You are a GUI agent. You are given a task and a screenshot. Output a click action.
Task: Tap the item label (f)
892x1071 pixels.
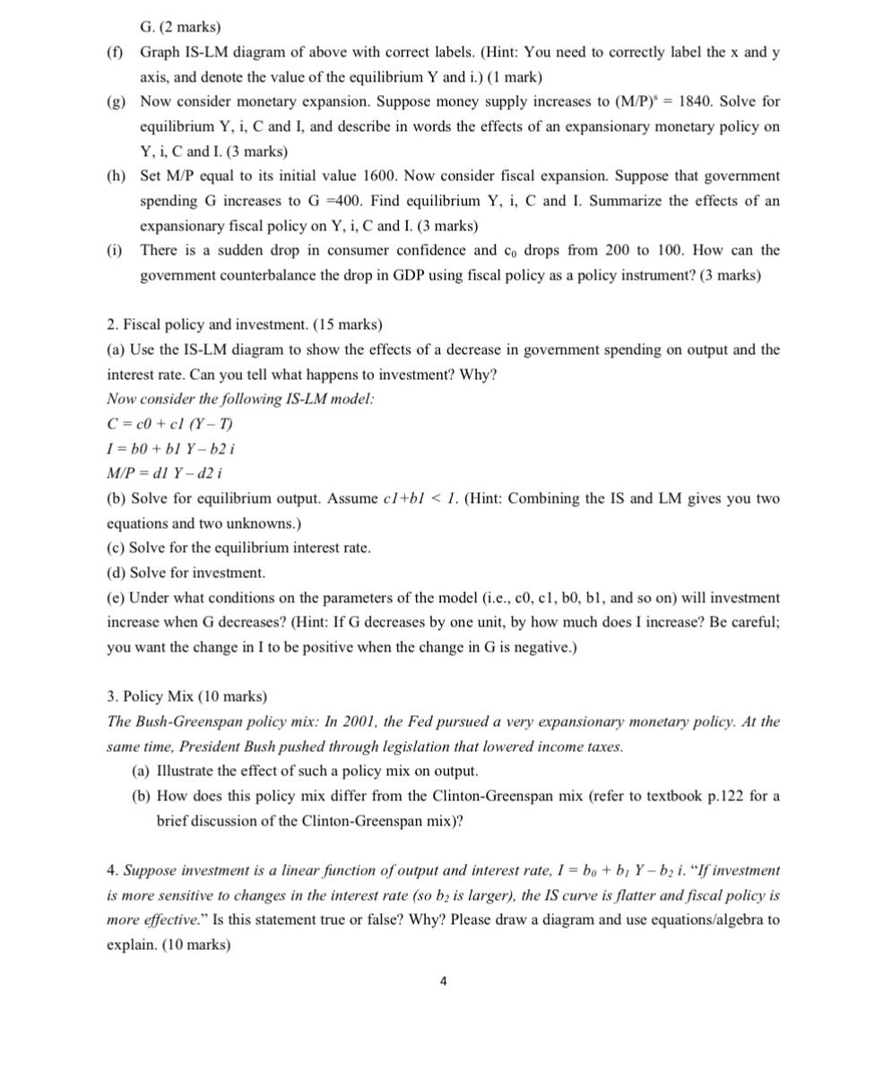tap(114, 53)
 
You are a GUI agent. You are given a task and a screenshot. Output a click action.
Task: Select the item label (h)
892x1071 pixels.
tap(114, 177)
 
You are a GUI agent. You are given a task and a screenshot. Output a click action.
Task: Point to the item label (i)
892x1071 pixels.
tap(114, 251)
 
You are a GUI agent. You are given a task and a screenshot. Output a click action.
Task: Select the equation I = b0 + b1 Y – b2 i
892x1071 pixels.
tap(170, 448)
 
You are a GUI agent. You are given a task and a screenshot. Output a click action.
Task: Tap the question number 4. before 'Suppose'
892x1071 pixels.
tap(112, 870)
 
